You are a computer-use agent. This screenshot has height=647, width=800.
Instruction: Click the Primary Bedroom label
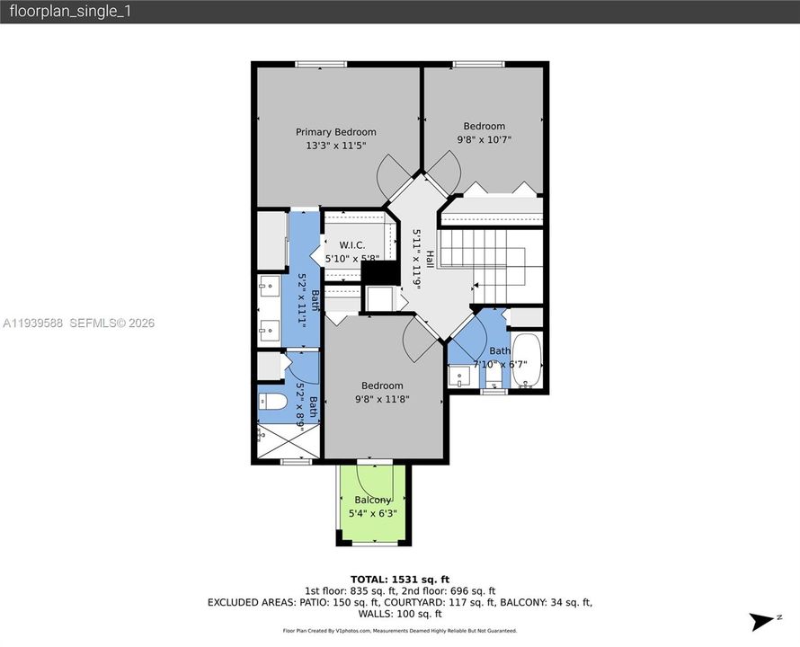click(x=336, y=132)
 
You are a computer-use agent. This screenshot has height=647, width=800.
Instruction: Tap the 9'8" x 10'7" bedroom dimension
click(x=484, y=139)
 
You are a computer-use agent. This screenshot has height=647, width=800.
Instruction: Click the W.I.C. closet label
click(x=350, y=245)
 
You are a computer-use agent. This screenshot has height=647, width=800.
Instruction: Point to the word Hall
click(x=430, y=260)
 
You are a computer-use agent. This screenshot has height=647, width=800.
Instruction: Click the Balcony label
click(x=372, y=500)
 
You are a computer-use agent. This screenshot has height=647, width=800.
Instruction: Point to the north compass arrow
click(x=763, y=621)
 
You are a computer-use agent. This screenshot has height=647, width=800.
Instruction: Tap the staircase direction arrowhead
click(x=473, y=289)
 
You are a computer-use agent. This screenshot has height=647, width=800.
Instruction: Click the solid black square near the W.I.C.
click(x=378, y=271)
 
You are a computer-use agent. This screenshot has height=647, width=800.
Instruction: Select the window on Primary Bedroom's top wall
click(x=321, y=64)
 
